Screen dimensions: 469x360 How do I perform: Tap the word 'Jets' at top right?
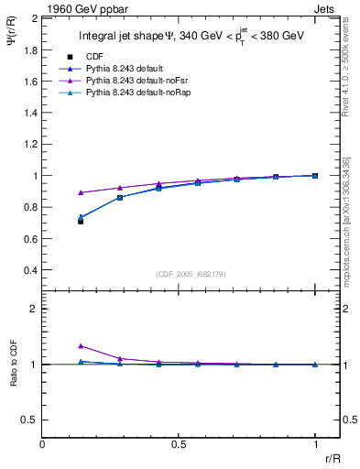328,6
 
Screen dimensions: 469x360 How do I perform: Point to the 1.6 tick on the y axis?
30,82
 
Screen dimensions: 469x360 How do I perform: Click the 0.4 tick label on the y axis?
30,270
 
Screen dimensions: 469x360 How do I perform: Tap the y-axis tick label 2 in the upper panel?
34,18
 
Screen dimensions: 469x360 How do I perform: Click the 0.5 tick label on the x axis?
179,445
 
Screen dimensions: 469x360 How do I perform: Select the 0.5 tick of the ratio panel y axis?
30,420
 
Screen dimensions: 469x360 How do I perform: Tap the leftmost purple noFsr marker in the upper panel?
81,192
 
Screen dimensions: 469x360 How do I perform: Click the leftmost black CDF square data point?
81,222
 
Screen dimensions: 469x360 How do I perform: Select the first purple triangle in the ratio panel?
81,346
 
